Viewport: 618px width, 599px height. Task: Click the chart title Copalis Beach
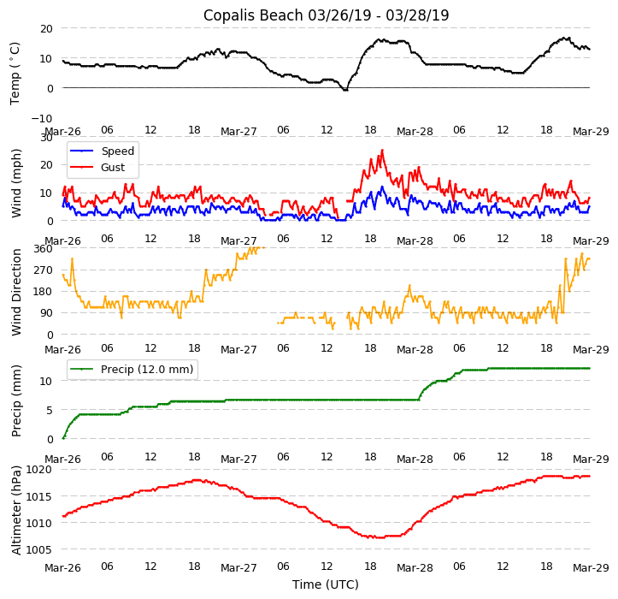pos(326,15)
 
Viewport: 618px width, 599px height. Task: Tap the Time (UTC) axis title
pos(326,584)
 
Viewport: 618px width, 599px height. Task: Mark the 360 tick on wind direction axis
pos(43,249)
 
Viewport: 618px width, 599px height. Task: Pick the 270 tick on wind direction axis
pos(43,270)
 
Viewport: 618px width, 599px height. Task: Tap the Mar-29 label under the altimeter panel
pos(591,567)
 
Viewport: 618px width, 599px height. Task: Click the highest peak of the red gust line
pos(382,151)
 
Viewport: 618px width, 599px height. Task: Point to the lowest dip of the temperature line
pos(345,90)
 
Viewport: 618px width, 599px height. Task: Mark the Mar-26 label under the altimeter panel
pos(62,567)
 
